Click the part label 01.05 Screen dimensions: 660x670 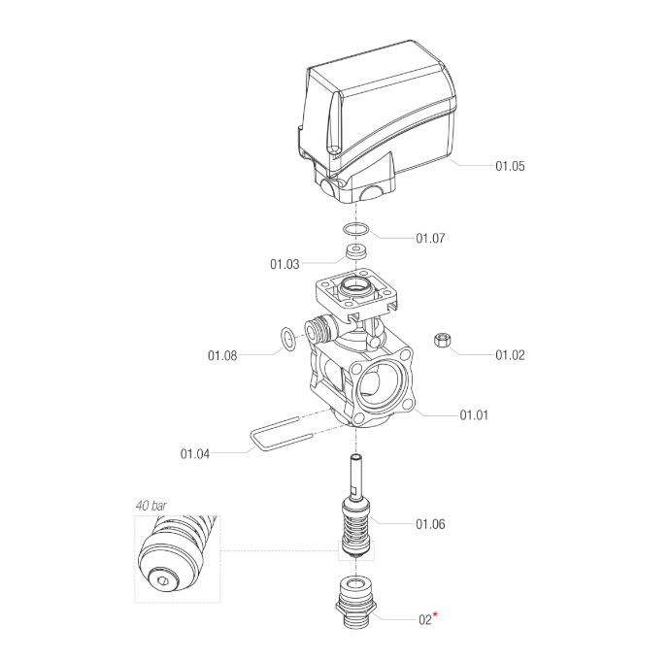pyautogui.click(x=510, y=166)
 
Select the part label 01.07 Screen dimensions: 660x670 pyautogui.click(x=430, y=238)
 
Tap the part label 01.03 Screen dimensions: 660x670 pyautogui.click(x=285, y=263)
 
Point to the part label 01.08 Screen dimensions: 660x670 pyautogui.click(x=221, y=355)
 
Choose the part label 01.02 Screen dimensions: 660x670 pyautogui.click(x=510, y=355)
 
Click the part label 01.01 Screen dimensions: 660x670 pyautogui.click(x=473, y=415)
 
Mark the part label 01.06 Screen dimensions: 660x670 pyautogui.click(x=430, y=524)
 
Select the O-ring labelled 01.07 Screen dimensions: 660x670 pyautogui.click(x=356, y=231)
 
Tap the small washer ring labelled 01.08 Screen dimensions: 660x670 pyautogui.click(x=288, y=339)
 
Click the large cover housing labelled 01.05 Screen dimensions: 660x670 pyautogui.click(x=379, y=121)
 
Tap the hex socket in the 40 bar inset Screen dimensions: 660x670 pyautogui.click(x=166, y=583)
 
